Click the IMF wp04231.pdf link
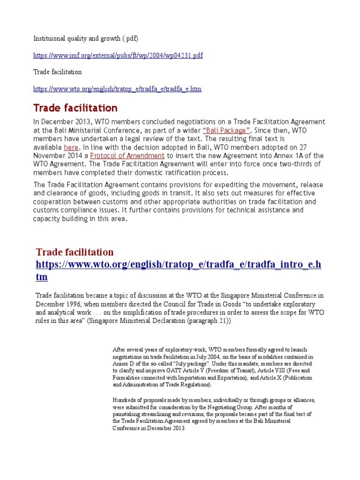click(x=118, y=55)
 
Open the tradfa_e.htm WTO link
click(x=117, y=89)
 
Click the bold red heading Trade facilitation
click(x=75, y=108)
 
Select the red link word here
click(x=71, y=147)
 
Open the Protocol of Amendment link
click(x=127, y=156)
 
